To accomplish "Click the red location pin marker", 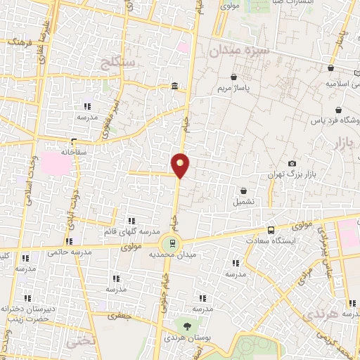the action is click(x=181, y=165).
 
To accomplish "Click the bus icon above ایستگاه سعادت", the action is click(x=271, y=230).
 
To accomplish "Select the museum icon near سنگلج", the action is click(x=174, y=86).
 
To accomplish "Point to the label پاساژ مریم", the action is click(x=252, y=89).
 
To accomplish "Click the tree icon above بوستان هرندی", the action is click(x=187, y=326).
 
